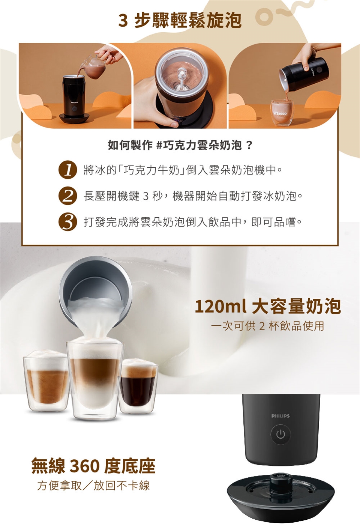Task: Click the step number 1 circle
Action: (68, 170)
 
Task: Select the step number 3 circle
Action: (68, 222)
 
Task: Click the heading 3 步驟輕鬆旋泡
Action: (180, 20)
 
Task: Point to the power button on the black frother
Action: (280, 435)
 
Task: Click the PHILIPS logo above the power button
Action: (280, 416)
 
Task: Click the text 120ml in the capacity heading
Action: (221, 307)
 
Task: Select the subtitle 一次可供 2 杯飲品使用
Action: (268, 326)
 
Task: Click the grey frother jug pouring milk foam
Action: (95, 292)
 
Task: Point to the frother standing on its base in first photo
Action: (74, 99)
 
